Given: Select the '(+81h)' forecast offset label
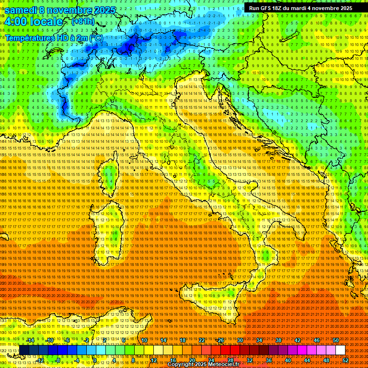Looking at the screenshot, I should (83, 22).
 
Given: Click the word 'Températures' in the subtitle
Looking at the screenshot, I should (30, 37).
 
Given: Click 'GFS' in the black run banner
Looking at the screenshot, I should (265, 8).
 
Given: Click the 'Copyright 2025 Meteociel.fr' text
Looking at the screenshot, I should (207, 365).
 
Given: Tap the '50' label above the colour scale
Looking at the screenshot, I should (336, 340).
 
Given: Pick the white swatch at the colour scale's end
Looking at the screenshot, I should (340, 350).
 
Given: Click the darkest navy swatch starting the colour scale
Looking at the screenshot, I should (24, 350).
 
